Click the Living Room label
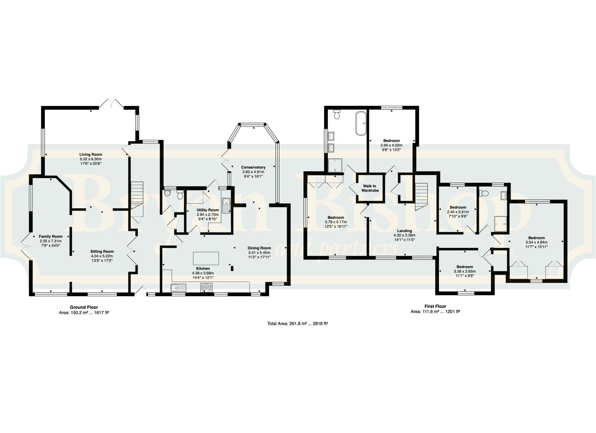coord(91,154)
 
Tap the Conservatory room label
coord(253,167)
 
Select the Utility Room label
coord(208,210)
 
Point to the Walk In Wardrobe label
coord(370,188)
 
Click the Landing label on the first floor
coord(405,231)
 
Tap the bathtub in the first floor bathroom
coord(361,123)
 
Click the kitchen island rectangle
coord(206,259)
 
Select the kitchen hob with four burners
coord(206,287)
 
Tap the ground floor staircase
coord(137,199)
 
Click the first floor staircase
coord(421,197)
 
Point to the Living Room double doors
coord(112,103)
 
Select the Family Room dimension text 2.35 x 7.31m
coord(51,241)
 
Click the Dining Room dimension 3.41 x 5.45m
coord(259,253)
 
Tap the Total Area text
coord(297,324)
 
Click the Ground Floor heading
coord(84,307)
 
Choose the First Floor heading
coord(435,306)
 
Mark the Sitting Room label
coord(102,251)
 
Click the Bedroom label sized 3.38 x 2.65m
coord(465,267)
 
